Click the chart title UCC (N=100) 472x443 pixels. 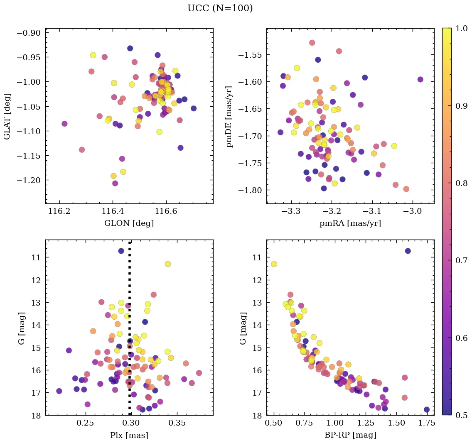220,8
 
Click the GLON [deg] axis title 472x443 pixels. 129,223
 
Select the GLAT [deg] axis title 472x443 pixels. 7,116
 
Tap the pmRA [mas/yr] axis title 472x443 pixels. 350,223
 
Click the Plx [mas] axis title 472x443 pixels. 129,435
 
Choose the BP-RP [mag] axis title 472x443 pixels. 350,435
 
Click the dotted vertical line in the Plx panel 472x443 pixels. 130,332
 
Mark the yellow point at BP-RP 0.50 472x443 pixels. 274,264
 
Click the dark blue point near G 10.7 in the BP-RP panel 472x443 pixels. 408,251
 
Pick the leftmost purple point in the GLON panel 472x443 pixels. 64,124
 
